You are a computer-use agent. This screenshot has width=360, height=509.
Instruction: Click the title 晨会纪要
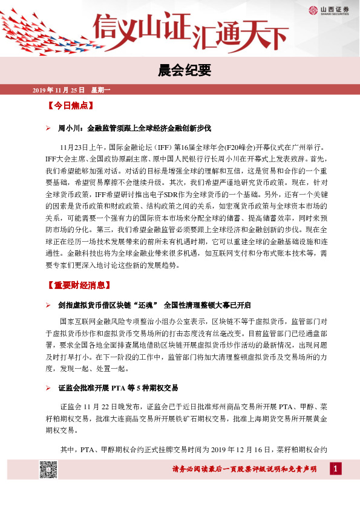[180, 70]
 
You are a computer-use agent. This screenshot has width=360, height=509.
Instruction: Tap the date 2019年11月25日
[58, 90]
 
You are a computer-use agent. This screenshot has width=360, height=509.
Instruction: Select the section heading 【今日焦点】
[70, 106]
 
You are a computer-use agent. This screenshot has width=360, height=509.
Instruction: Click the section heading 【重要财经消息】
[78, 285]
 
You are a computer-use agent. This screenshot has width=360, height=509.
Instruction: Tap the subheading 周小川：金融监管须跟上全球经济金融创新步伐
[134, 128]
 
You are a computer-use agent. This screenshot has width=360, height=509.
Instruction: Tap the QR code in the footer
[48, 468]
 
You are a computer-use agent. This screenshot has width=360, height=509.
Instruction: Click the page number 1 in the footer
[336, 468]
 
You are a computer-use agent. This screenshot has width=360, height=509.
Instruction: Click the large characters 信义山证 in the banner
[141, 28]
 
